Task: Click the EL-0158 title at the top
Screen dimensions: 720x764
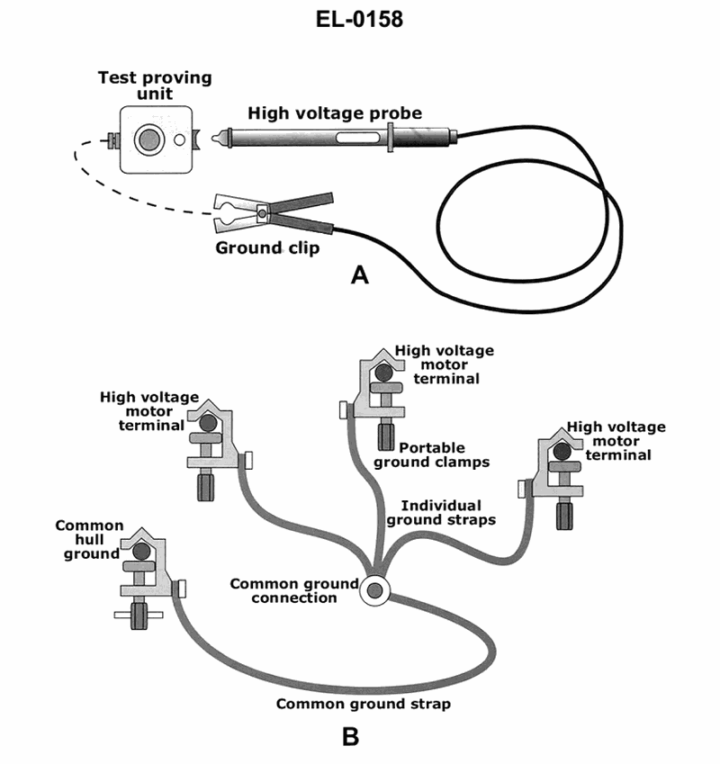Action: coord(359,19)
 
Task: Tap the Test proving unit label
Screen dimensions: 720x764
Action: coord(155,85)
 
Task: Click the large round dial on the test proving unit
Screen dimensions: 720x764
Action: coord(149,139)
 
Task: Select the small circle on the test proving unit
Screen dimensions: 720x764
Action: coord(180,139)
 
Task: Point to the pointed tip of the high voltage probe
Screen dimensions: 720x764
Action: coord(213,138)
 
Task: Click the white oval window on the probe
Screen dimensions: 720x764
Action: coord(357,139)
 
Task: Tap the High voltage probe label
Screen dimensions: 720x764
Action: coord(335,113)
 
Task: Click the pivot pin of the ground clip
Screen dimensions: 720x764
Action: coord(263,213)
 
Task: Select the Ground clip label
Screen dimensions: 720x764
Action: coord(267,248)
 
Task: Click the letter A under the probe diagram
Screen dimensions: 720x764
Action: coord(359,275)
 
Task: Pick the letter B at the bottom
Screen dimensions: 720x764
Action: coord(351,736)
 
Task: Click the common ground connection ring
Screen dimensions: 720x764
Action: coord(374,590)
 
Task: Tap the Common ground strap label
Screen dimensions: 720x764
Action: coord(364,704)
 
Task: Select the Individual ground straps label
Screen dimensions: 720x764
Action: coord(441,513)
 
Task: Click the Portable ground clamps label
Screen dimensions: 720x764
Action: coord(432,455)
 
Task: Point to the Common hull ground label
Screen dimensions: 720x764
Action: coord(91,539)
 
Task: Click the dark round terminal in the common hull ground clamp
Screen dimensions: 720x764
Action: coord(141,551)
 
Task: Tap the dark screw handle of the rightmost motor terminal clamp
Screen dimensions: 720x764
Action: coord(564,517)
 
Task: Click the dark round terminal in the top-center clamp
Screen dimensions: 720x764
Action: coord(384,373)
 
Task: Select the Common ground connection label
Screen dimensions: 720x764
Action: coord(294,590)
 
